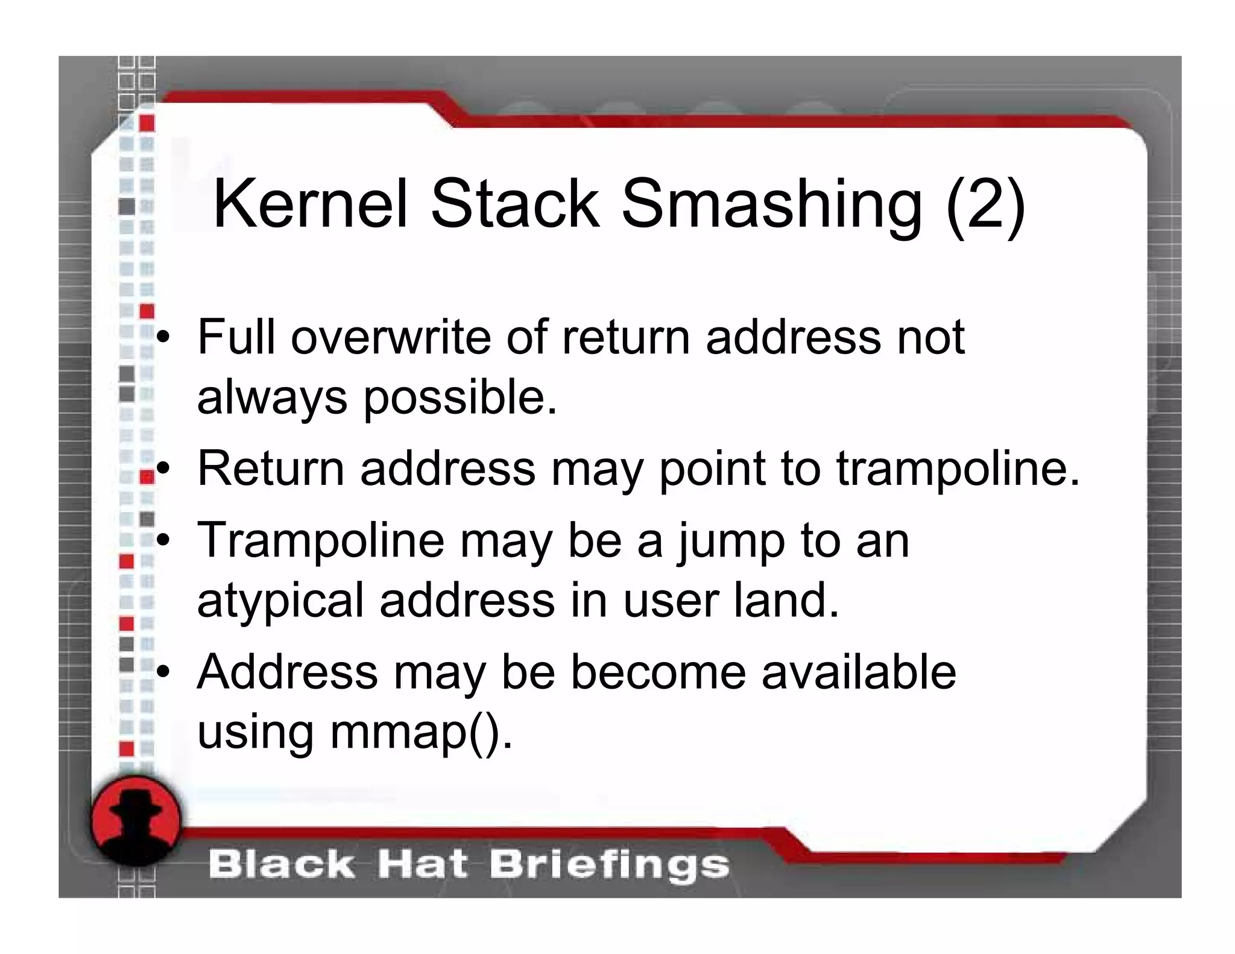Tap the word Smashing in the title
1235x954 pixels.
coord(771,205)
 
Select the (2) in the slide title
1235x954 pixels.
coord(985,205)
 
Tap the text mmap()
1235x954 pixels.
coord(420,733)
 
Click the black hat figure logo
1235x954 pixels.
coord(136,821)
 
